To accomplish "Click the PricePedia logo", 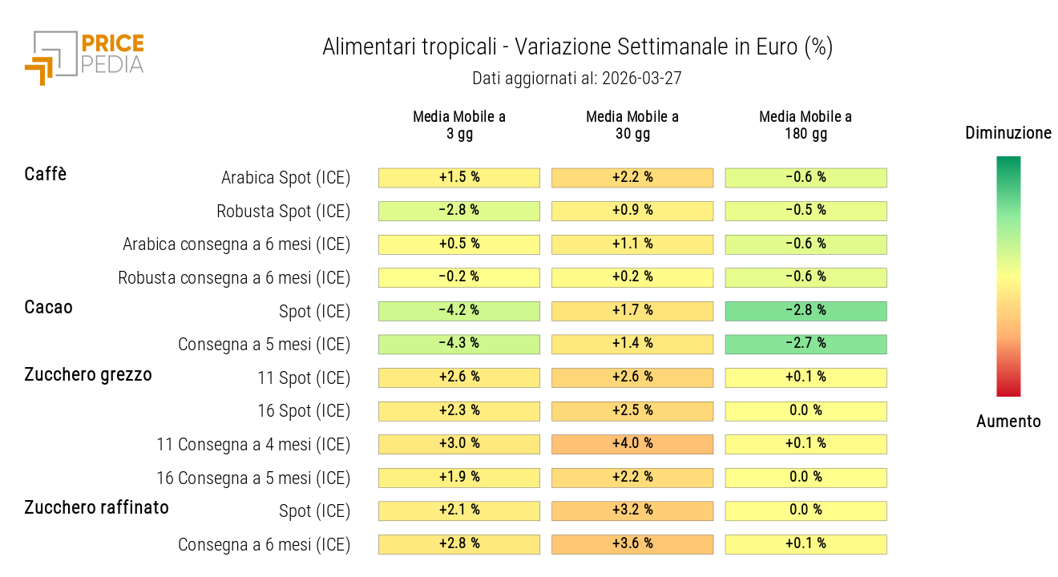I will click(84, 56).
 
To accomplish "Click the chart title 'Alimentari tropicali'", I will click(577, 47).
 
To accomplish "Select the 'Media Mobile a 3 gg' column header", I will click(459, 125).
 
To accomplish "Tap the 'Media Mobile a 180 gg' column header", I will click(806, 125).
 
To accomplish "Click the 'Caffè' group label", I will click(46, 174).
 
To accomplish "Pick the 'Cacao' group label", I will click(48, 307).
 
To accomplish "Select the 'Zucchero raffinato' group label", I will click(96, 507).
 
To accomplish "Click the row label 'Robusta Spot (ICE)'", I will click(283, 212).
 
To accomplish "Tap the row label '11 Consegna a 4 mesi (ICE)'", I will click(253, 444).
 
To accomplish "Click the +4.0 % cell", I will click(632, 444).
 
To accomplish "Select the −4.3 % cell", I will click(459, 344).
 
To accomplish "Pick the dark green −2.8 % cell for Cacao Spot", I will click(806, 311).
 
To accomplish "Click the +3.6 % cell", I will click(632, 544).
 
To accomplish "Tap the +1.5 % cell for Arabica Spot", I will click(459, 178).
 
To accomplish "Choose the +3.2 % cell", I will click(632, 510).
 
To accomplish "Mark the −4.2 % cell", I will click(459, 311).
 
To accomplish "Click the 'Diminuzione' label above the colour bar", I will click(1008, 133).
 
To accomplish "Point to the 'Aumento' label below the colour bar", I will click(1008, 422).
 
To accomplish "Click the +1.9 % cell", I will click(459, 478).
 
